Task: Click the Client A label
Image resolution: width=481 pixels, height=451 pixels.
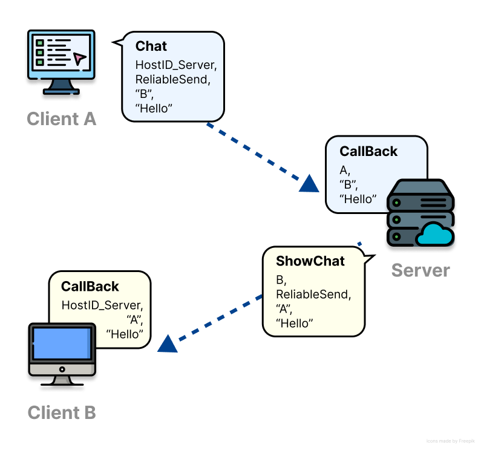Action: pos(62,118)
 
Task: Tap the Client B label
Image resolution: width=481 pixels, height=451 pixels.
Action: pos(62,413)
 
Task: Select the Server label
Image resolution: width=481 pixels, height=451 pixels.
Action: pos(420,270)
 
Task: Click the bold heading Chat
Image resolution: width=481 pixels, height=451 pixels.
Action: pos(151,47)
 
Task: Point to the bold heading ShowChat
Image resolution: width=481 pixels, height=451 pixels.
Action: pos(310,261)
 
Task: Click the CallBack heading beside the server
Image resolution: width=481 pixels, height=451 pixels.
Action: pos(368,152)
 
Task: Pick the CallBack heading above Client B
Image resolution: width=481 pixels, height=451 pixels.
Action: pos(90,287)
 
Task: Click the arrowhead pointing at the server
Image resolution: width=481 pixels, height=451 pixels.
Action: pos(309,184)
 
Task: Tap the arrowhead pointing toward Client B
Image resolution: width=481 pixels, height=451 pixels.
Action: pos(167,345)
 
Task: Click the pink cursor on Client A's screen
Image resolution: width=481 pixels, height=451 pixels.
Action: pos(79,58)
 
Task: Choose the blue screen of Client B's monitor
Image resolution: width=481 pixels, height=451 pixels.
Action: pos(62,343)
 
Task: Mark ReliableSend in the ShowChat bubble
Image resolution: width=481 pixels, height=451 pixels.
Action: pos(313,295)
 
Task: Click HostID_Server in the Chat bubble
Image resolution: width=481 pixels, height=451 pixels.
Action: pos(175,63)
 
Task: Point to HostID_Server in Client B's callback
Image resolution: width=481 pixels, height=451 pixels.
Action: pos(102,305)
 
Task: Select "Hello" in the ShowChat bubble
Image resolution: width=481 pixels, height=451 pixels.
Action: pos(295,324)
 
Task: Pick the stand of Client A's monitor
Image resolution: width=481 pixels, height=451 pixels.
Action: pos(62,88)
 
